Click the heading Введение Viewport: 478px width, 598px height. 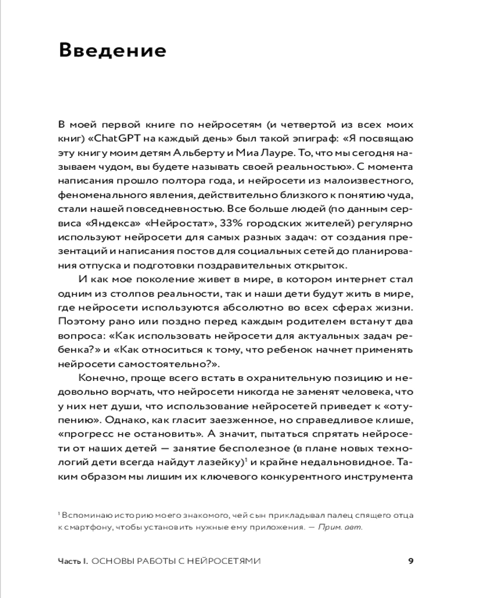point(112,50)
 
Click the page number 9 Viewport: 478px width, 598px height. point(410,561)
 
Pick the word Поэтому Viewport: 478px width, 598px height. point(81,322)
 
